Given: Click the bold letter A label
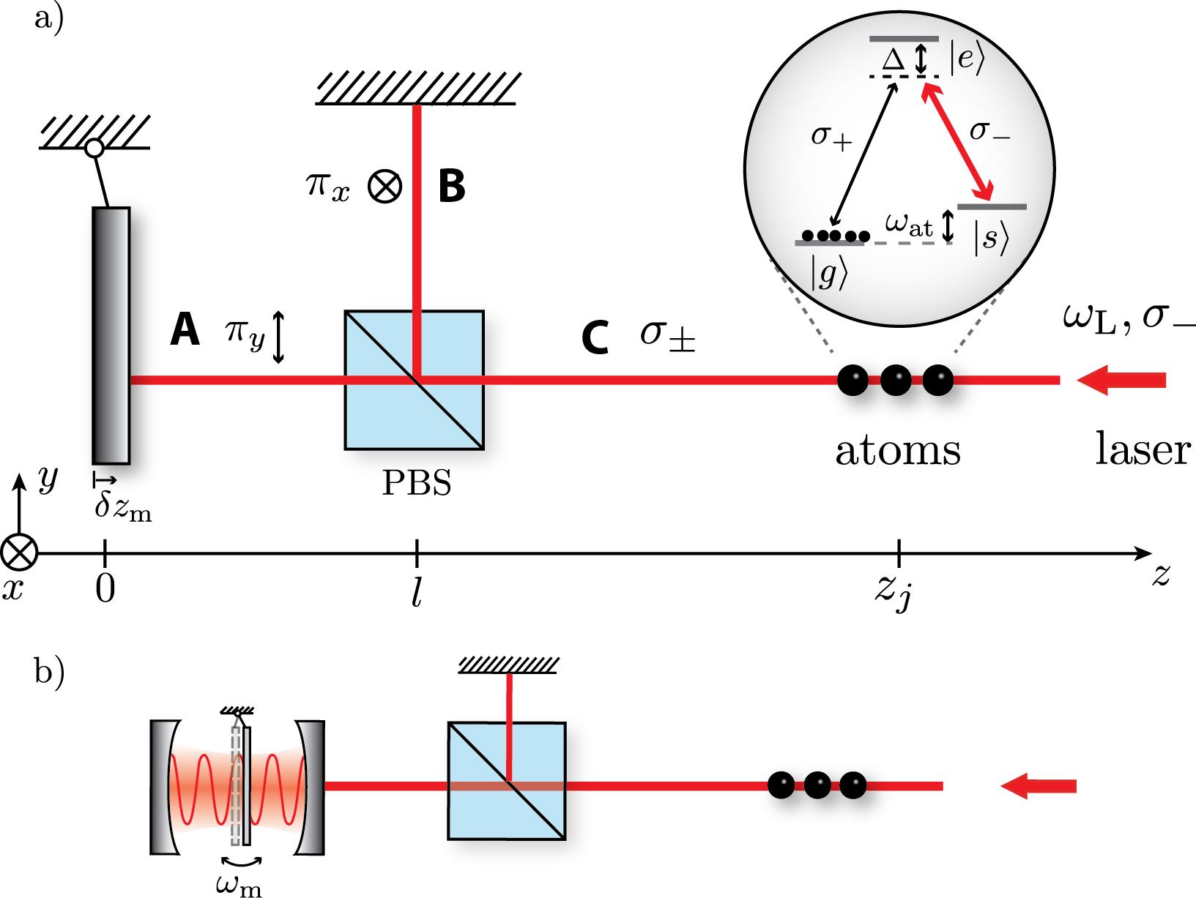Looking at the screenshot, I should (185, 329).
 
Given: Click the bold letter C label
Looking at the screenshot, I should (595, 337).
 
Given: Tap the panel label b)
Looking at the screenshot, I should (49, 670).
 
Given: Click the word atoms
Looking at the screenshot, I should (898, 451).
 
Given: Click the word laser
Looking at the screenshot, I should (1143, 449).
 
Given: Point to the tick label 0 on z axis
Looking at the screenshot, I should (105, 588).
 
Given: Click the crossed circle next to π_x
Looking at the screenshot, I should (385, 186).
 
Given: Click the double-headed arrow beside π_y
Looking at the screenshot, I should (278, 337).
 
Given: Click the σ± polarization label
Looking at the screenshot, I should (667, 335).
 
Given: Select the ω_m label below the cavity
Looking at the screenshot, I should (239, 885).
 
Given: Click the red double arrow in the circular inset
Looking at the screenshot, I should (957, 141).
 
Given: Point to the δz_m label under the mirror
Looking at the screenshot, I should (124, 507).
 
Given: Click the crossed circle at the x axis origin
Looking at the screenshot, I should (18, 553).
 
